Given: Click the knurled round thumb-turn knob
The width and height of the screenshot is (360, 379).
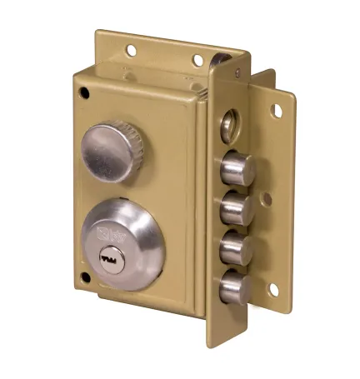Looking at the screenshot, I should (x=112, y=151).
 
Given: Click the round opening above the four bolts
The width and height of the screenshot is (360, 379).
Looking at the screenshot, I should (x=228, y=126).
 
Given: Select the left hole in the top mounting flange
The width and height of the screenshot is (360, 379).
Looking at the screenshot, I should (x=131, y=51).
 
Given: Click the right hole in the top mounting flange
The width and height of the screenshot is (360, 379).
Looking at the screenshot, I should (x=198, y=60).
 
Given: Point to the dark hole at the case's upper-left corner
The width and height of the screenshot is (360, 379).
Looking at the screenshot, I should (x=81, y=90).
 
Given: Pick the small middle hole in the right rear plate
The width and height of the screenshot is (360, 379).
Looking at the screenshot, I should (x=266, y=199).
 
